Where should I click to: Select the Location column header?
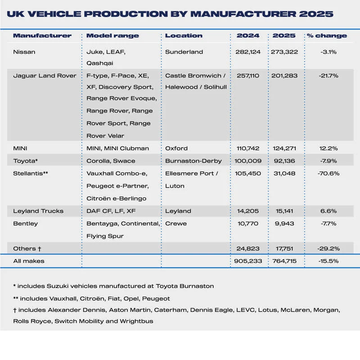click(x=184, y=36)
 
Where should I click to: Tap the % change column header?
click(x=327, y=36)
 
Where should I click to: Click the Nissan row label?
click(x=24, y=52)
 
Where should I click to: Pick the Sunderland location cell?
click(x=184, y=52)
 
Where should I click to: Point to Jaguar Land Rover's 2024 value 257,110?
click(x=248, y=76)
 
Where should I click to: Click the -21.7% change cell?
click(x=328, y=76)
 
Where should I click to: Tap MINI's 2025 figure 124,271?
click(x=284, y=148)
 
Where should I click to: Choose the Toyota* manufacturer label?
click(x=26, y=161)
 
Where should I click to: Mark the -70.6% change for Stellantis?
click(x=328, y=173)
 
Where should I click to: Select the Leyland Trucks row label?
click(x=38, y=211)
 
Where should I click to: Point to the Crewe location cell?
click(x=176, y=224)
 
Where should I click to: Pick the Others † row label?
click(x=27, y=248)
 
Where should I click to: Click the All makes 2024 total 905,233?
click(x=248, y=261)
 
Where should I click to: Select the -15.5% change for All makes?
click(x=328, y=261)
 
